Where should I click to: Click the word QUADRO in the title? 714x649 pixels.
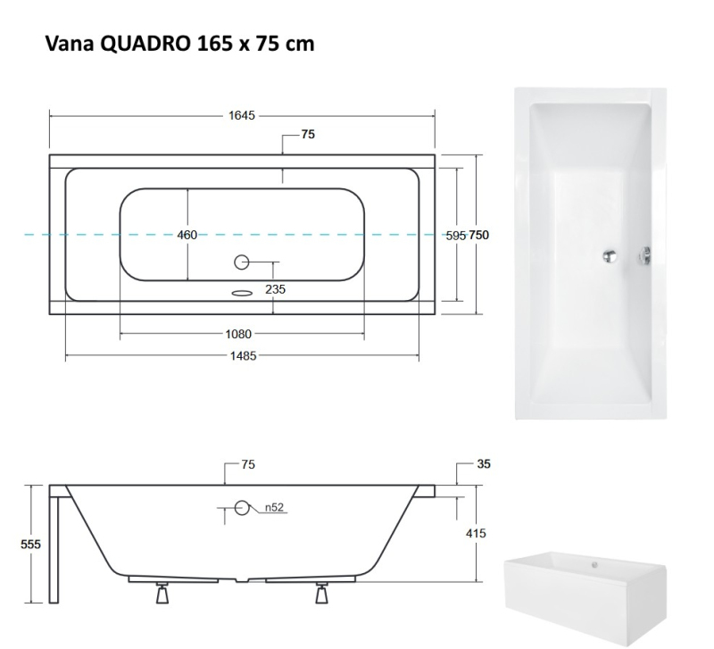tap(144, 44)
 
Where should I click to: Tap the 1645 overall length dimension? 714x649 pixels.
tap(241, 116)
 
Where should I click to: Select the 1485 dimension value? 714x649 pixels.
tap(243, 355)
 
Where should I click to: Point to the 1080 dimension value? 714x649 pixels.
tap(238, 334)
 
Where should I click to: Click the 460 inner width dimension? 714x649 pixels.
tap(187, 235)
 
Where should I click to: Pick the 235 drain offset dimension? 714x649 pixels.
tap(275, 289)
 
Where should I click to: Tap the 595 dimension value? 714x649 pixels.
tap(456, 236)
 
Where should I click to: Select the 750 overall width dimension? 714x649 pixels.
tap(478, 235)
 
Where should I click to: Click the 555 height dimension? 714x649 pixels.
tap(30, 545)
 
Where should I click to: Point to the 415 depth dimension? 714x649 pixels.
tap(476, 533)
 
